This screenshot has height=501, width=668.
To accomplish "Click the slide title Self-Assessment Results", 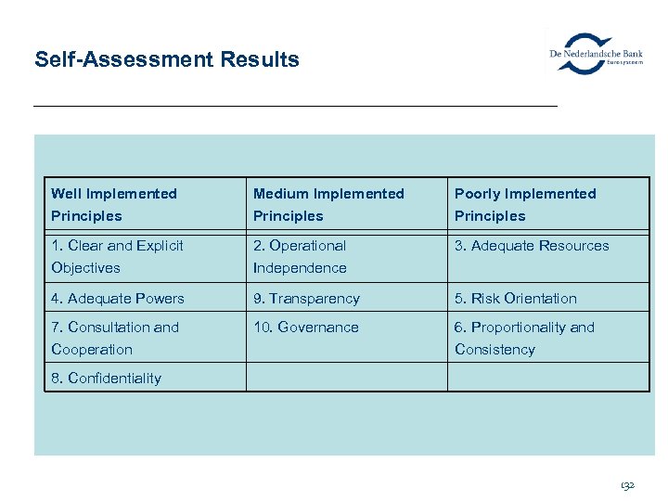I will (167, 60).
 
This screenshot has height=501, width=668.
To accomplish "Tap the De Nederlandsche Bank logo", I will (596, 53).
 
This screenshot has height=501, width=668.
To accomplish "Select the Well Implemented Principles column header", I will (114, 204).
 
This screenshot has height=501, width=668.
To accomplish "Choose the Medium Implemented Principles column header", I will (328, 204).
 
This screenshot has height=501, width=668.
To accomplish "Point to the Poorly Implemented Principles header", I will (525, 204).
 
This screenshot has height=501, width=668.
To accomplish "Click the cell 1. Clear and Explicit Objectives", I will (117, 257).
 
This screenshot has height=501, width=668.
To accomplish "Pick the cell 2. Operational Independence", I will (300, 257).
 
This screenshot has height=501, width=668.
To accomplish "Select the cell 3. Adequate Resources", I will (532, 246).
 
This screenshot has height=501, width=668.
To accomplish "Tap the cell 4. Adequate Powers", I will (118, 299).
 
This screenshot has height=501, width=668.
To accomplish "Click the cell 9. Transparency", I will (306, 299).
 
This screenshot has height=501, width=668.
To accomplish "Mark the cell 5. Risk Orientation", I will (516, 299).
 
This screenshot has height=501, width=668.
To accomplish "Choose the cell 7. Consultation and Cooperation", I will (115, 338).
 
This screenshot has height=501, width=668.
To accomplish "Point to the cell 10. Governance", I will (305, 328).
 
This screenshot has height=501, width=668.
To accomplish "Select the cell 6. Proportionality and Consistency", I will (524, 338).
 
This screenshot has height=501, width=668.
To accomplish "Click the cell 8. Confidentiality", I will (107, 379).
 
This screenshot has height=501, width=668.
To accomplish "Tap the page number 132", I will (628, 485).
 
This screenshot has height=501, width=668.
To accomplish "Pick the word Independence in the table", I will (300, 268).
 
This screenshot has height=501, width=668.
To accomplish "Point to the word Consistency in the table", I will (495, 350).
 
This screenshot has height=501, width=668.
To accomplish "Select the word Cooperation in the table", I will (92, 350).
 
